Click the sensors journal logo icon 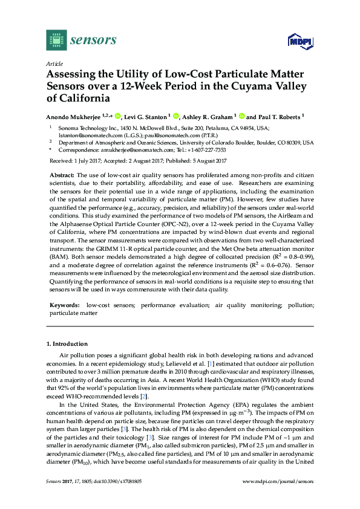pos(56,40)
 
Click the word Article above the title pos(54,63)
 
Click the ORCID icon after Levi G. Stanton pos(176,116)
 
